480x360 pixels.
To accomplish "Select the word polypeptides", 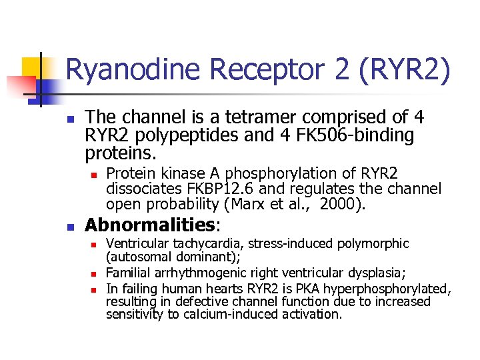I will (x=179, y=136).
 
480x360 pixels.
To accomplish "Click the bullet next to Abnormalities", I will (x=71, y=226).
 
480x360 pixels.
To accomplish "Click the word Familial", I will (x=131, y=272).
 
